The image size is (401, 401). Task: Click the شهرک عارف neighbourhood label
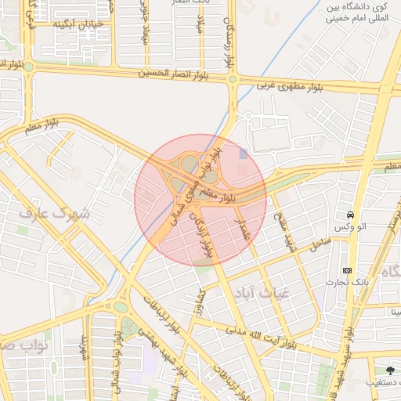pos(56,214)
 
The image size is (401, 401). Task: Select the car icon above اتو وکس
pos(349,215)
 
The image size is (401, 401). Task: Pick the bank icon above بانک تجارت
pos(347,270)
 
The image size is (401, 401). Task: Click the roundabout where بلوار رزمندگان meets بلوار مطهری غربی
pos(233,78)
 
